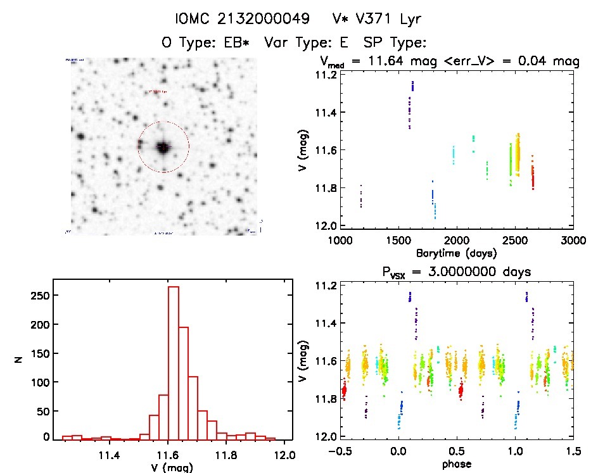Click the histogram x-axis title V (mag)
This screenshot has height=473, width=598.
173,467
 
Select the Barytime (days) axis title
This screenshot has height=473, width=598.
455,253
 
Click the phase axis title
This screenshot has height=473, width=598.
455,464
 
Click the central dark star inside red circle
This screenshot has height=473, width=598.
163,147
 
